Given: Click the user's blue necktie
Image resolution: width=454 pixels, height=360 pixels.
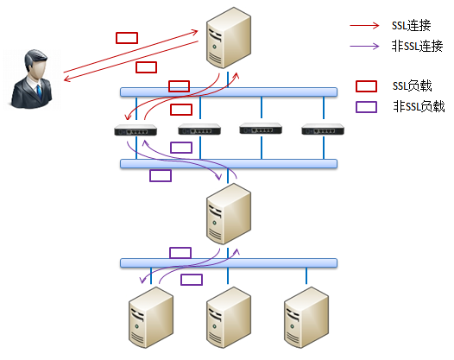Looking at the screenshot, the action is click(39, 92).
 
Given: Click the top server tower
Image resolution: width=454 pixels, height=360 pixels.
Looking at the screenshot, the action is click(229, 38).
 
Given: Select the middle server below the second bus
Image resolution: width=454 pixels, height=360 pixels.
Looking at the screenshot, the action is click(229, 214).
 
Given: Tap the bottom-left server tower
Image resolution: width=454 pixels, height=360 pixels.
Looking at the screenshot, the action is click(151, 318).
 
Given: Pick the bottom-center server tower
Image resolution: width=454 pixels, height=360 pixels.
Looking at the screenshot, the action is click(229, 318).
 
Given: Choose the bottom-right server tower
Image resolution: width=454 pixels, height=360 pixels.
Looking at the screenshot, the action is click(306, 318).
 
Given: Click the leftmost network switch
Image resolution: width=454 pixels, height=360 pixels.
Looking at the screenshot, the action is click(136, 130).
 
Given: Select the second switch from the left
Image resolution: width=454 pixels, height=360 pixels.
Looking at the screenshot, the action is click(199, 129).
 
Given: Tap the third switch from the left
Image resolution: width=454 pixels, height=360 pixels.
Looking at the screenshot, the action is click(261, 129).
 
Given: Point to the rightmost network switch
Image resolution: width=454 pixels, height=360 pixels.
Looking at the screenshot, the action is click(323, 129).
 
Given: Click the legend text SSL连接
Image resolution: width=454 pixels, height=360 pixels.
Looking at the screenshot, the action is click(411, 26).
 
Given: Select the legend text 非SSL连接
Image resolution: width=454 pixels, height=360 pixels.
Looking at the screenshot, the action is click(417, 46).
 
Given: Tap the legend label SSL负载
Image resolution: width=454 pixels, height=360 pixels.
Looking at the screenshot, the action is click(412, 86).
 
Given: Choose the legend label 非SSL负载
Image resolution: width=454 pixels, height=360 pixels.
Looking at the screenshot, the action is click(419, 106).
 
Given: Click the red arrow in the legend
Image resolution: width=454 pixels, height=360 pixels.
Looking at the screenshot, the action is click(364, 26).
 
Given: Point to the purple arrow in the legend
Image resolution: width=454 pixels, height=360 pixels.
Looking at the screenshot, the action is click(364, 46).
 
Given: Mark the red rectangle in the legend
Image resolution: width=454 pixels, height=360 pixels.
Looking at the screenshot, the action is click(366, 86).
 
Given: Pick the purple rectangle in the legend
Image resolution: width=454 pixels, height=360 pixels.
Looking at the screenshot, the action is click(366, 107).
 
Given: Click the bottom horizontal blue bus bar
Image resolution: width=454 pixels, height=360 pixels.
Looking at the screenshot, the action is click(229, 263).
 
